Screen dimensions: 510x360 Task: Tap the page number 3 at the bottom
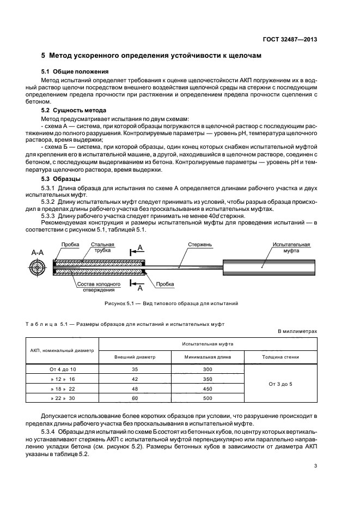316,465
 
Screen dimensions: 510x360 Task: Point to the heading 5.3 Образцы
61,179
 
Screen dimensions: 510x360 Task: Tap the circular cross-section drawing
38,267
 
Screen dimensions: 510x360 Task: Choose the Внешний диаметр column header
135,357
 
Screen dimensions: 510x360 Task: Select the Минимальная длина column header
207,357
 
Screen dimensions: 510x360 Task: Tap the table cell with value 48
135,388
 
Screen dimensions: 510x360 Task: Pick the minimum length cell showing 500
207,398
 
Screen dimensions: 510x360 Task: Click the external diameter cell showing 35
135,369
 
